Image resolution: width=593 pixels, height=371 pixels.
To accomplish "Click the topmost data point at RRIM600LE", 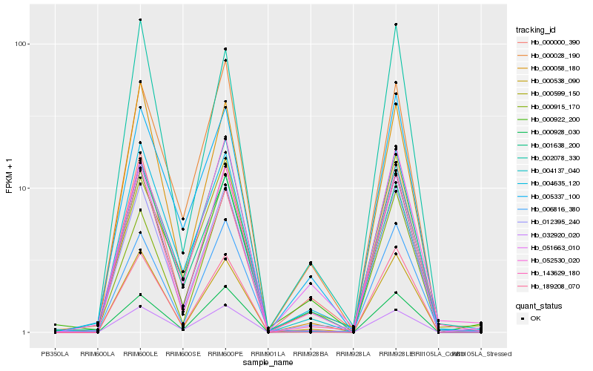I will pos(141,20).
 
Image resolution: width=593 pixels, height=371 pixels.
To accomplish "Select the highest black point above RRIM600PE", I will pos(225,49).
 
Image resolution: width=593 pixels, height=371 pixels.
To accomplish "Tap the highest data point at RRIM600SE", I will pos(183,219).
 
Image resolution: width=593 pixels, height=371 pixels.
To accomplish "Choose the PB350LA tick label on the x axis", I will pos(56,353).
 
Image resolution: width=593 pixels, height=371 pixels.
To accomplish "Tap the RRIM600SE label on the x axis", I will pos(183,353).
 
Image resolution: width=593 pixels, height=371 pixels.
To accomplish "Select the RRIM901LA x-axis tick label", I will pos(268,353).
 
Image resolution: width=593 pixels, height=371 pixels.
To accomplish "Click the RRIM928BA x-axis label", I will pos(310,353).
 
